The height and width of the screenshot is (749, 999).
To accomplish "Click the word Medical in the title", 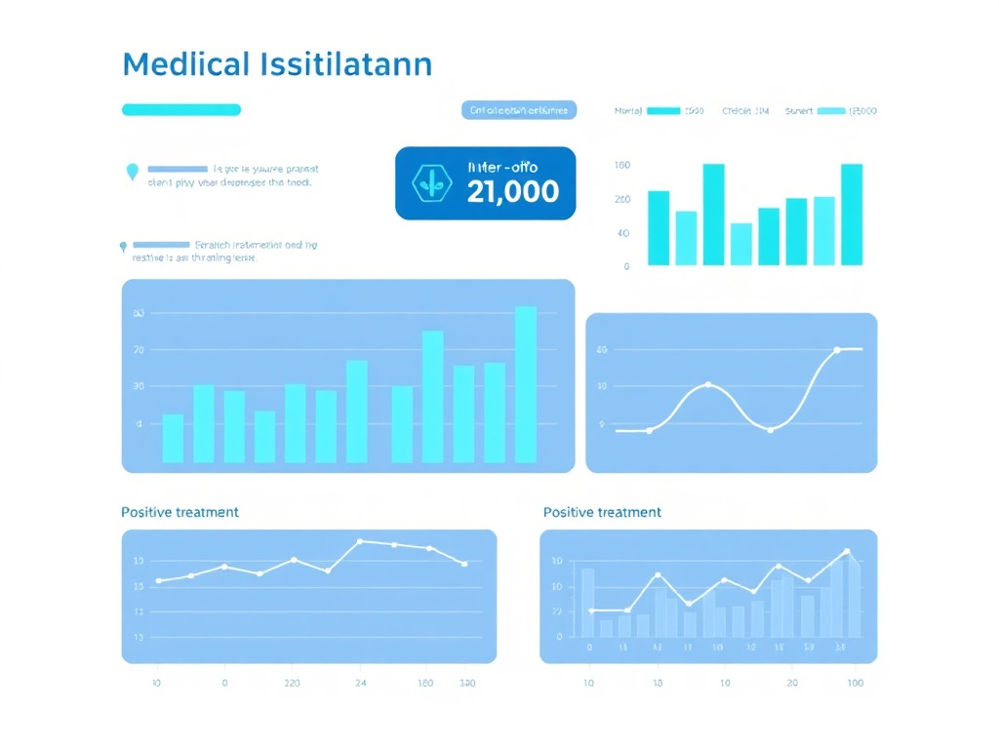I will pyautogui.click(x=186, y=64).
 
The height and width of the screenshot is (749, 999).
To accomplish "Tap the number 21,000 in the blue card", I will pyautogui.click(x=513, y=191).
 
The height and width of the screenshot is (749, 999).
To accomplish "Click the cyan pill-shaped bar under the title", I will pyautogui.click(x=180, y=110).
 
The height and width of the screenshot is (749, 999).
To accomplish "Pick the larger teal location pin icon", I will pyautogui.click(x=133, y=173).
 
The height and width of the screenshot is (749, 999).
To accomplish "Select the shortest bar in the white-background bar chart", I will pyautogui.click(x=741, y=244).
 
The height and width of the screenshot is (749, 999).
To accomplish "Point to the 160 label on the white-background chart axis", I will pyautogui.click(x=622, y=166).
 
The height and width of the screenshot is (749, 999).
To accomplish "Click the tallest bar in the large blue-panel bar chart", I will pyautogui.click(x=526, y=384).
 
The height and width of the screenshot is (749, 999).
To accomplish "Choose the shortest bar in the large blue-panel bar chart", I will pyautogui.click(x=264, y=436).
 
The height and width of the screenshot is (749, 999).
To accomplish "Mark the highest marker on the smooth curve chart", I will pyautogui.click(x=836, y=349).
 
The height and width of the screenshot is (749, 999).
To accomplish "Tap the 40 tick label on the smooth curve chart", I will pyautogui.click(x=602, y=349).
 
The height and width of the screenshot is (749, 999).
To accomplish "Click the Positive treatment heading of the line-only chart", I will pyautogui.click(x=180, y=512).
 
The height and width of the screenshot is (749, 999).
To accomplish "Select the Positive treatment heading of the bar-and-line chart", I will pyautogui.click(x=602, y=512).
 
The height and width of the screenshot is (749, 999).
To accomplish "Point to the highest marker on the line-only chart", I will pyautogui.click(x=360, y=541).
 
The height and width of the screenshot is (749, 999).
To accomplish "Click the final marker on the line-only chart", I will pyautogui.click(x=464, y=564).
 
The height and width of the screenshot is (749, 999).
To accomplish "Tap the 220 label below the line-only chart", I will pyautogui.click(x=292, y=684).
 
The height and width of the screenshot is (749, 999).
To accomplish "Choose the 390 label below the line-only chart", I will pyautogui.click(x=467, y=684).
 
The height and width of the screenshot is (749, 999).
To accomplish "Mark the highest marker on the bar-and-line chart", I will pyautogui.click(x=846, y=552).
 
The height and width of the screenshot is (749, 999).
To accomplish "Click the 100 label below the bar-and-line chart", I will pyautogui.click(x=856, y=684).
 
